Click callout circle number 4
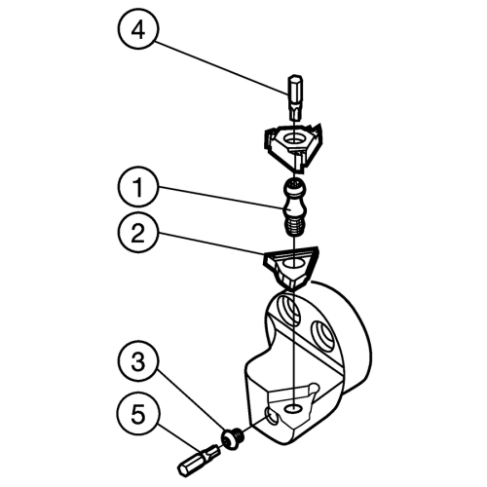tap(138, 29)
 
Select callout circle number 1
tap(138, 187)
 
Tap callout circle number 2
tap(138, 233)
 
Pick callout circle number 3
tap(138, 361)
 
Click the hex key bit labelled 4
tap(295, 97)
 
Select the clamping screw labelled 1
tap(294, 207)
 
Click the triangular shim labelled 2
tap(291, 267)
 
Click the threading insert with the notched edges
tap(294, 146)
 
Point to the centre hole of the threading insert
tap(293, 140)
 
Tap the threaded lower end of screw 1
tap(294, 226)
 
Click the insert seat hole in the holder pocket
tap(294, 409)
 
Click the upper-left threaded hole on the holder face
tap(288, 309)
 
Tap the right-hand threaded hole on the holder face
tap(322, 336)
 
